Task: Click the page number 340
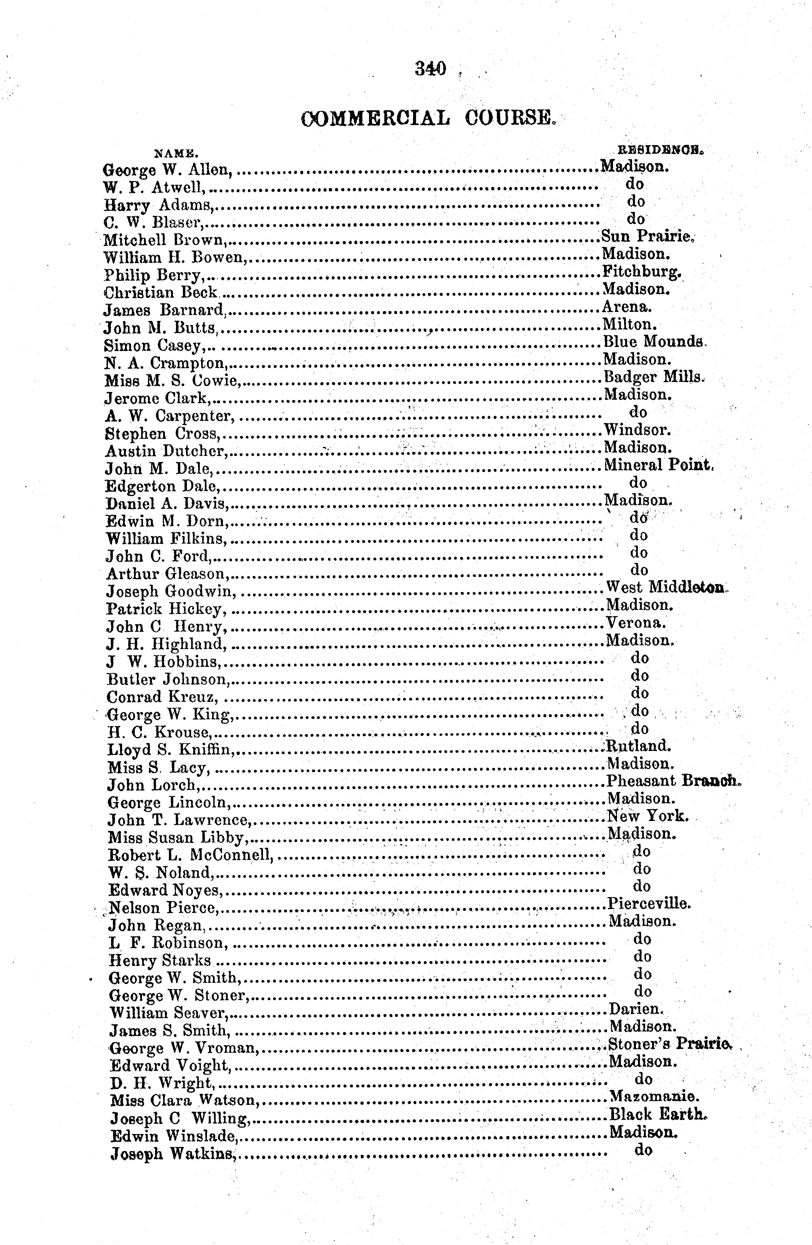pyautogui.click(x=430, y=68)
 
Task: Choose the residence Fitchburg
pyautogui.click(x=642, y=272)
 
